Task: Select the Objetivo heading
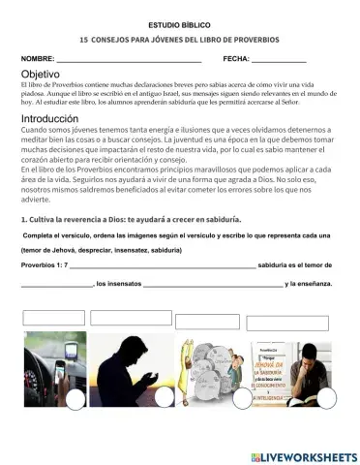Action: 40,74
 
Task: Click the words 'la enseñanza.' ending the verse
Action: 309,284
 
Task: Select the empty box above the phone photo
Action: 54,317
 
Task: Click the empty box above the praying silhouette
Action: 131,318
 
